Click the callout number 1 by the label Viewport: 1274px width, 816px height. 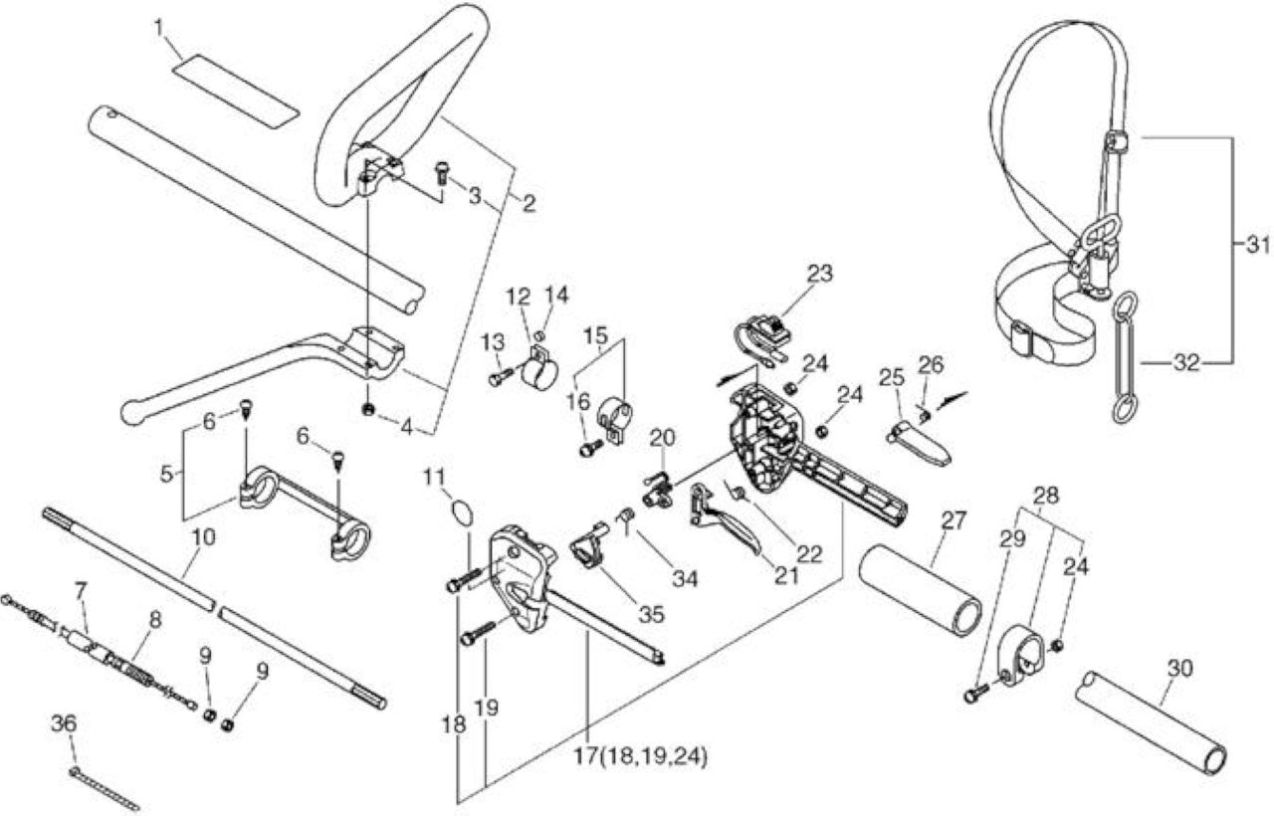[x=160, y=26]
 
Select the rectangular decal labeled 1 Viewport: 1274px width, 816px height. [x=235, y=93]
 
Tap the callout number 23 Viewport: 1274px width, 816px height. [x=819, y=274]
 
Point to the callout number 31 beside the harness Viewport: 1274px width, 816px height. [x=1256, y=246]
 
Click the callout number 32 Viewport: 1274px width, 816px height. [x=1186, y=363]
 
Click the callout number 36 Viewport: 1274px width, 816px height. [x=64, y=723]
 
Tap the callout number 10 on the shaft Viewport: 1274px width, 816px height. [x=204, y=536]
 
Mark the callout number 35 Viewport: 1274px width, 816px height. [x=651, y=614]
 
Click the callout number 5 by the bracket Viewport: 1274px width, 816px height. [x=166, y=473]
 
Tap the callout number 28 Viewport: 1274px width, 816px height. [x=1046, y=496]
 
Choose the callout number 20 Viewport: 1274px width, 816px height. [x=662, y=438]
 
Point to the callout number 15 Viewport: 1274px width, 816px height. [x=596, y=335]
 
